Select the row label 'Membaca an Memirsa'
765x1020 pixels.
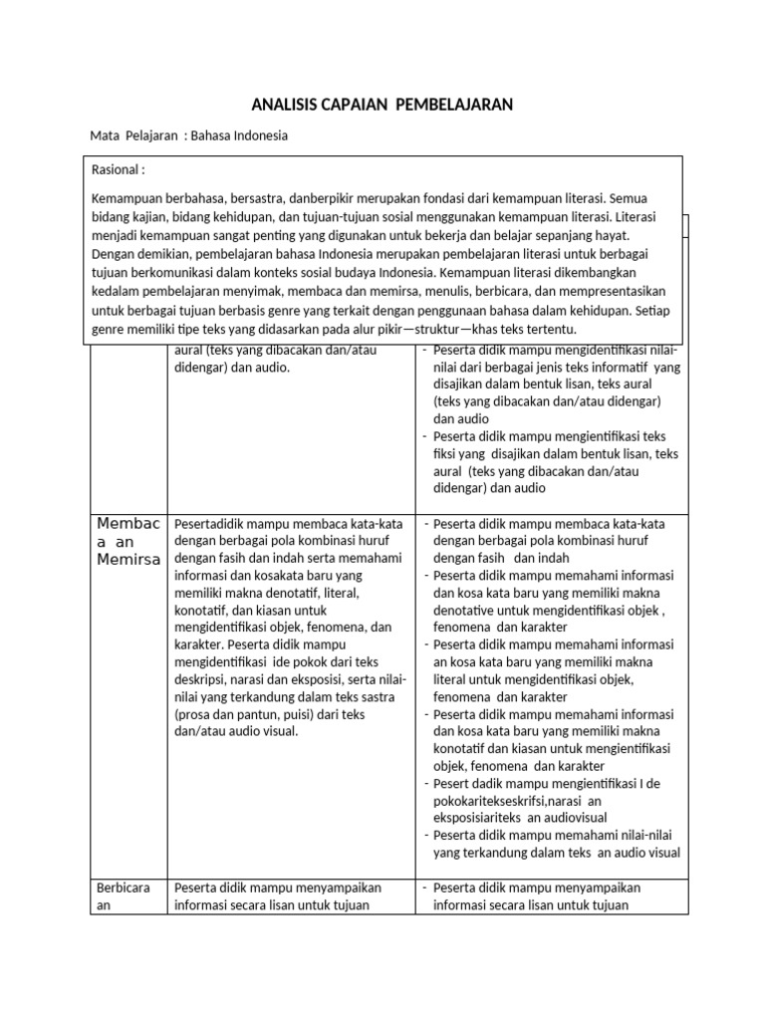[x=127, y=541]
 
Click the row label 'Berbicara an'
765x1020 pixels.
[x=121, y=896]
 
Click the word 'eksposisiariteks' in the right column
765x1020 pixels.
[x=482, y=817]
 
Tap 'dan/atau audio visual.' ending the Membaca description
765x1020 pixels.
[x=236, y=731]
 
